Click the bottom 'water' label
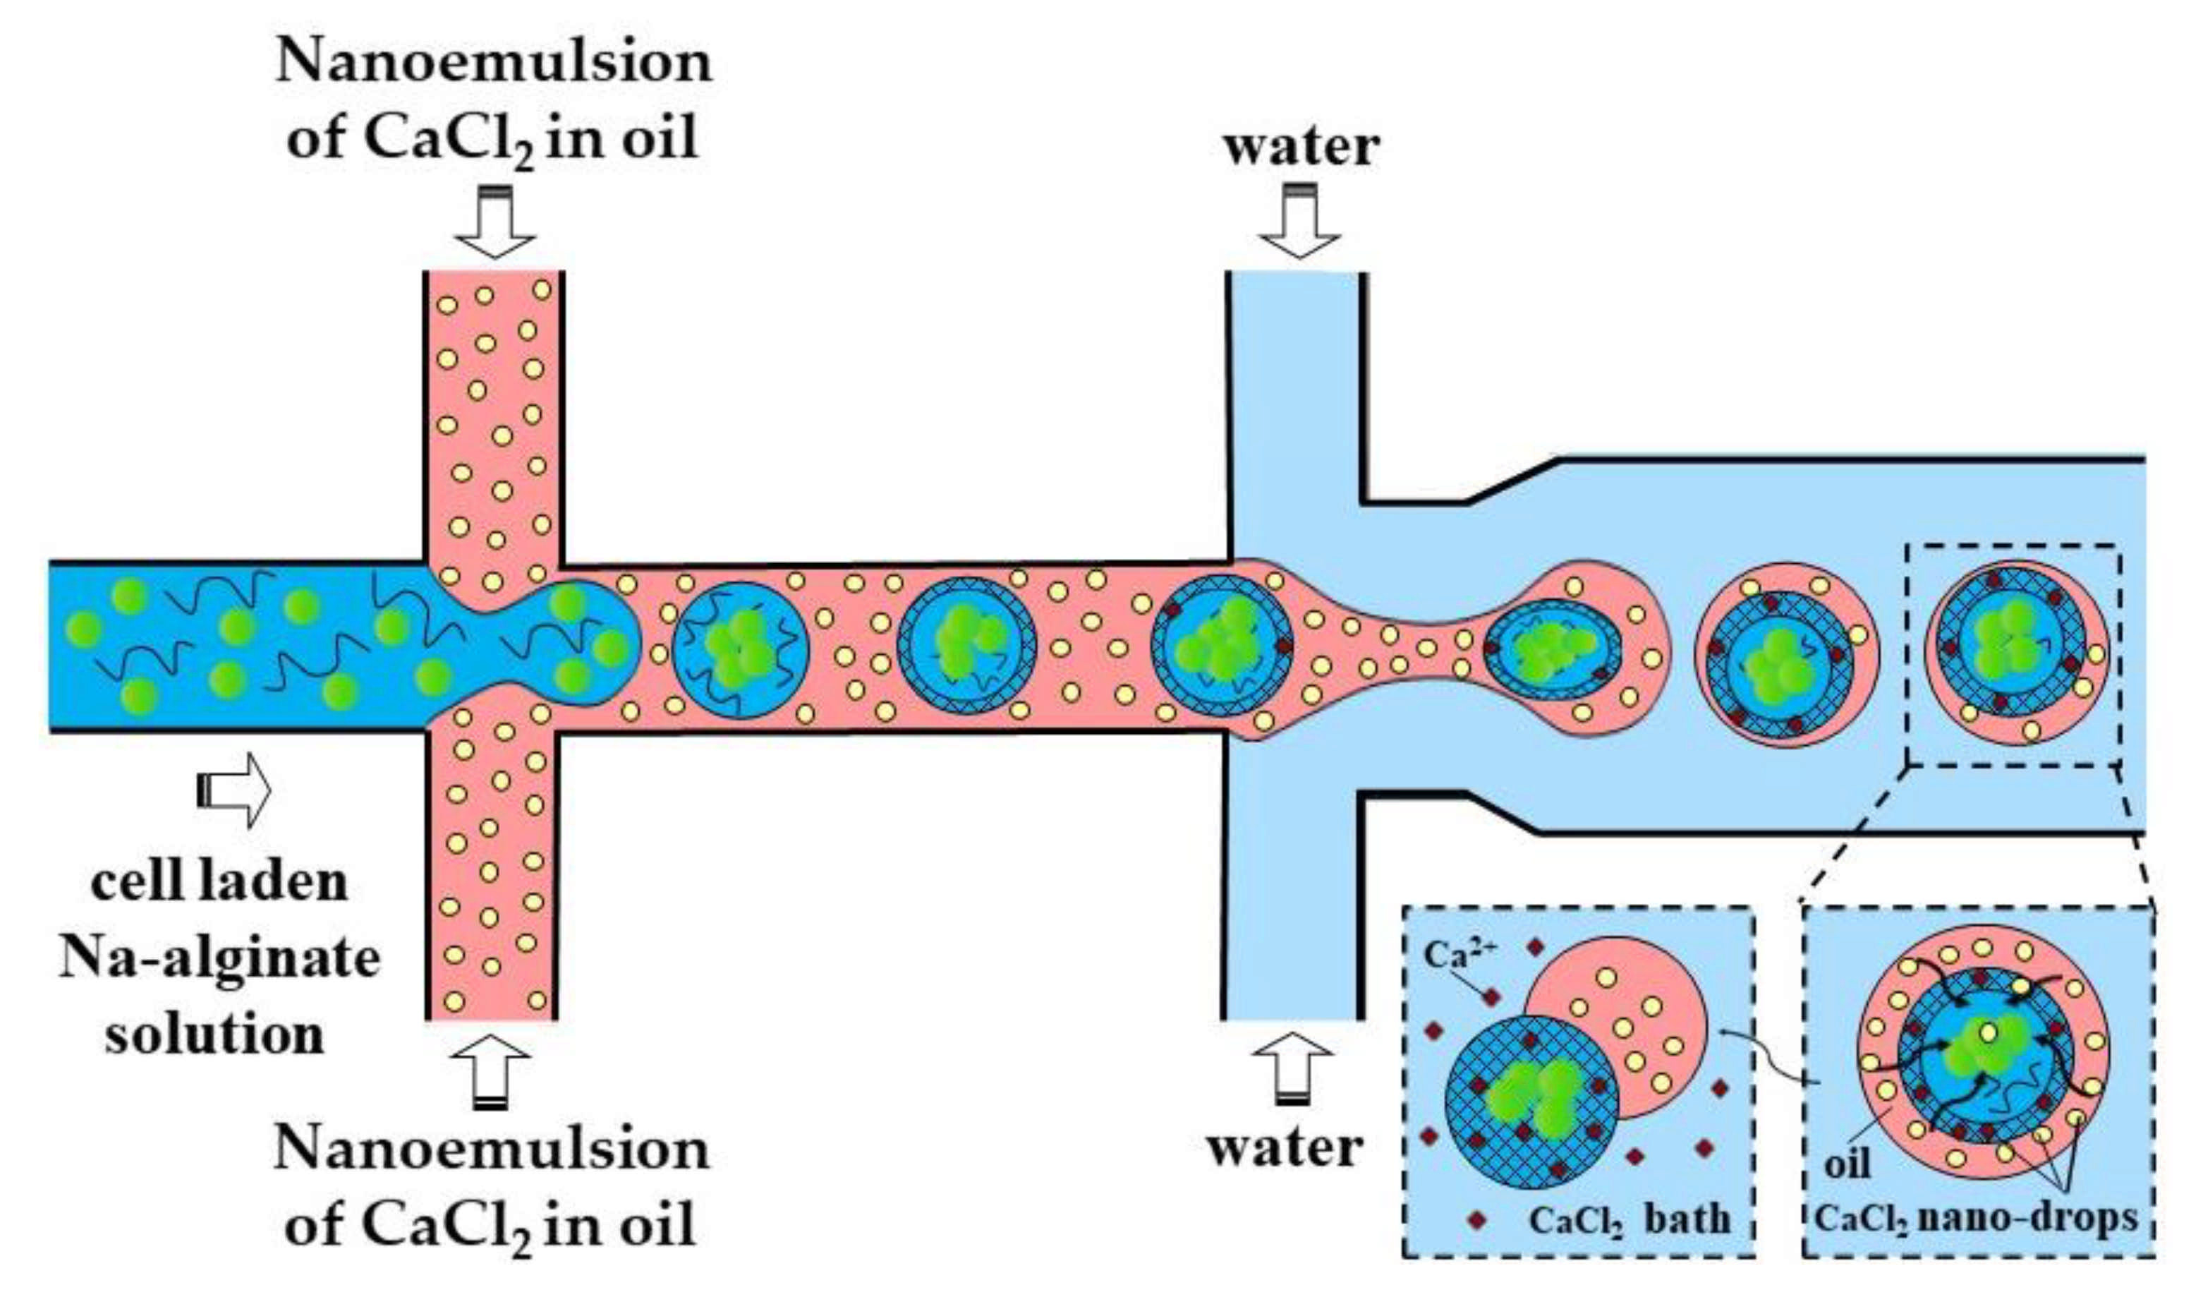coord(1285,1148)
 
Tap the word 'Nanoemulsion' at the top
coord(494,63)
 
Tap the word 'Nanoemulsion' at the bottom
coord(492,1149)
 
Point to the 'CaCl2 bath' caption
coord(1630,1219)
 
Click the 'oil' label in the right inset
coord(1848,1164)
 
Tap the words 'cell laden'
coord(219,882)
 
